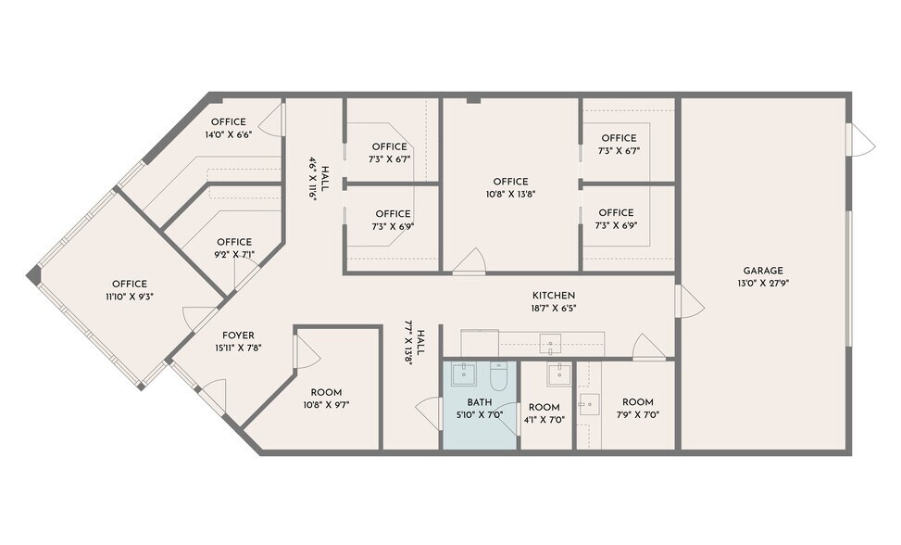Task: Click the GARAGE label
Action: point(763,271)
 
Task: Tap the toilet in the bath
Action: point(498,378)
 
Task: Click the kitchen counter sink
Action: point(551,344)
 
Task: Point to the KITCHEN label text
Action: point(553,295)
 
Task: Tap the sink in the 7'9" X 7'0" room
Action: point(588,404)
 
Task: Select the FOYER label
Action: point(238,336)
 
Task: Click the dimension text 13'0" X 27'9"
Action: point(763,284)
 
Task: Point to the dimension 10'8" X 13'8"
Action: point(510,195)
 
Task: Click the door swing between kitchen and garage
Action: point(690,301)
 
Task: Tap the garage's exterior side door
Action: point(860,140)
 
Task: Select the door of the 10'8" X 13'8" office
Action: point(469,261)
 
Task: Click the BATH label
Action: point(480,402)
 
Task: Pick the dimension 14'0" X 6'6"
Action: point(229,134)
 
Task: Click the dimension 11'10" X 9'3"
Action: point(130,297)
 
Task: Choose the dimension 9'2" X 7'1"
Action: point(234,254)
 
